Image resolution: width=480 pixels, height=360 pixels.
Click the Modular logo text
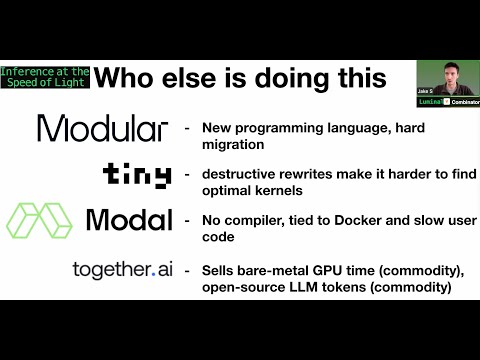103,129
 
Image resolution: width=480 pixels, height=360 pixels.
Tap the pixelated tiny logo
137,176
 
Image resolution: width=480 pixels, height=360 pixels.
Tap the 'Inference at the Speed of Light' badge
46,77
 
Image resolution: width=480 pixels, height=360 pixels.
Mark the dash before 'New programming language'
187,129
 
